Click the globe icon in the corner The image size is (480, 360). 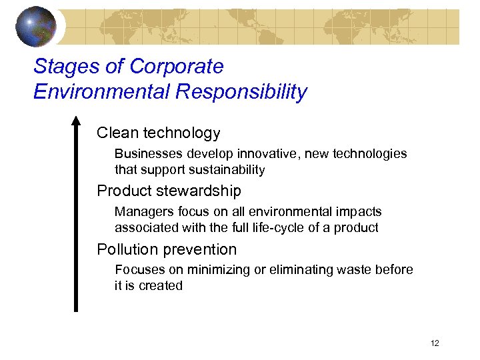(x=37, y=26)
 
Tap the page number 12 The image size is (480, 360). (x=435, y=343)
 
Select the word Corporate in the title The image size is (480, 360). (x=177, y=67)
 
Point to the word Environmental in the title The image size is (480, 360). (x=101, y=92)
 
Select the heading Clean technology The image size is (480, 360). (x=158, y=133)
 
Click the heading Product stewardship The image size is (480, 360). (x=169, y=191)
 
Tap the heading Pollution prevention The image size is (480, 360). (x=167, y=250)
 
